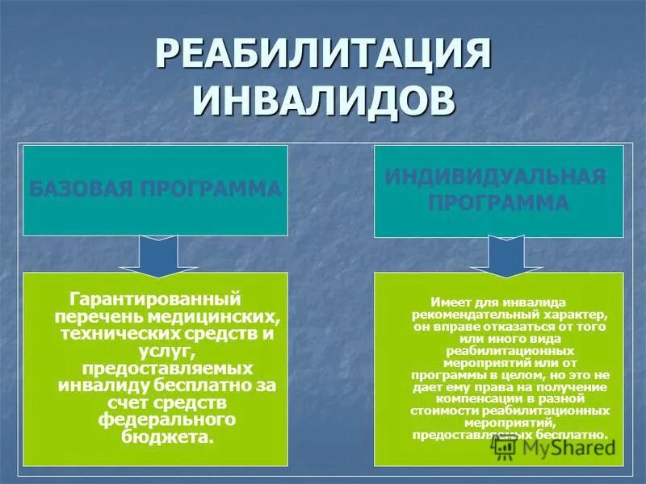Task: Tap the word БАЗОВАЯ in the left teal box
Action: tap(77, 190)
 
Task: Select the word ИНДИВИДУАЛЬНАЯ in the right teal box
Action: tap(498, 177)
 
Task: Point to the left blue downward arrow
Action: tap(155, 254)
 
